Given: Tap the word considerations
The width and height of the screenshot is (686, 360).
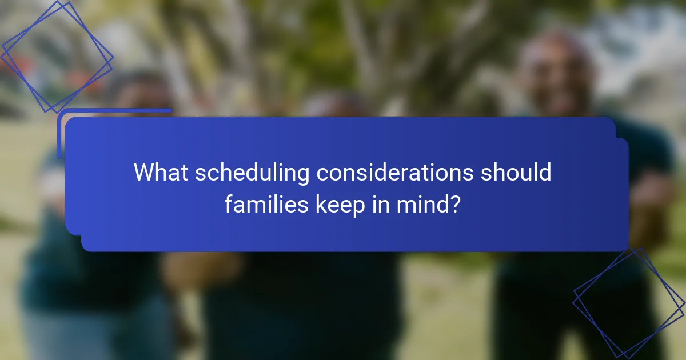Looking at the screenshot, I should click(x=394, y=172).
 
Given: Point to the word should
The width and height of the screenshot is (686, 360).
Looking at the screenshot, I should click(x=516, y=172).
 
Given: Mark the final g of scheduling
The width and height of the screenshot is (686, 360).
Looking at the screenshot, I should click(x=304, y=175).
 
